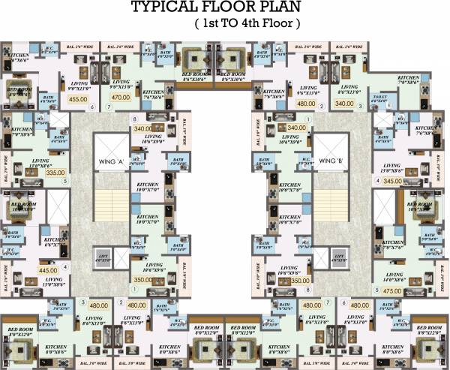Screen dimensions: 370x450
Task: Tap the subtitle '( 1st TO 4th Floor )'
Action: point(247,25)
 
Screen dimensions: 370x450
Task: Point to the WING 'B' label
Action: point(331,161)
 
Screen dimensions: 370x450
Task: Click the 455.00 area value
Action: point(78,98)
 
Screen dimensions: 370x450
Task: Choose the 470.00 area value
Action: point(121,97)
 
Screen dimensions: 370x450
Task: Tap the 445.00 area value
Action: point(48,270)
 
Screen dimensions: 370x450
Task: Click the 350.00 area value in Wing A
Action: point(142,280)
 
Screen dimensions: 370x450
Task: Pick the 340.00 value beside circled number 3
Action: point(345,104)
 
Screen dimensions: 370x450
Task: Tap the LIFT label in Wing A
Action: point(104,257)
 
